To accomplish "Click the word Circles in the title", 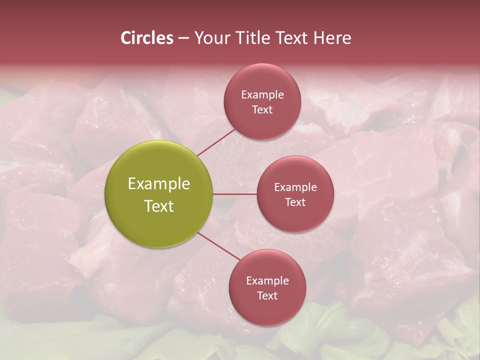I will (146, 38).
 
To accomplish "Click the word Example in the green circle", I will (159, 184).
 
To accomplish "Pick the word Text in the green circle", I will (159, 206).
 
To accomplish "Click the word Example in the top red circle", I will (262, 95).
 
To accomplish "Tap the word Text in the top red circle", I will (262, 110).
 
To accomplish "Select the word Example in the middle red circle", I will (295, 187).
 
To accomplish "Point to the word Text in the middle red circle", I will (295, 202).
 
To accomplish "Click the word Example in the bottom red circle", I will (267, 281).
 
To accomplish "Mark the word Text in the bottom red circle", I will (267, 296).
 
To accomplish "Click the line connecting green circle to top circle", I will (216, 142).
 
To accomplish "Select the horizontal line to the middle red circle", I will (235, 194).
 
